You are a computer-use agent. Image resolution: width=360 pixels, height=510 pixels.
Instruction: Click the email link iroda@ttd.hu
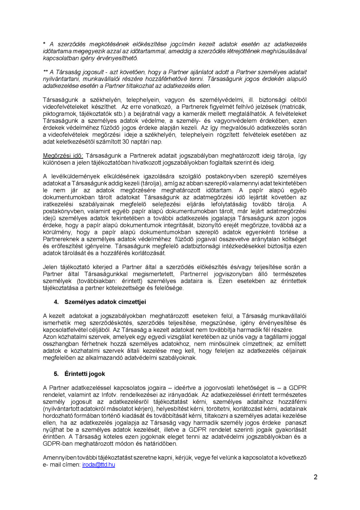99,465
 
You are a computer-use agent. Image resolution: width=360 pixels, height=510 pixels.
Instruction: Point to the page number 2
316,477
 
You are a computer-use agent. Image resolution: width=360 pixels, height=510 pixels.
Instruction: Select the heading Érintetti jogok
85,374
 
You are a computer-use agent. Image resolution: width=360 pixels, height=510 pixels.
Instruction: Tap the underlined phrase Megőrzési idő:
63,156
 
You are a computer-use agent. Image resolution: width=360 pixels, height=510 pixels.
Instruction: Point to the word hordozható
57,416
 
